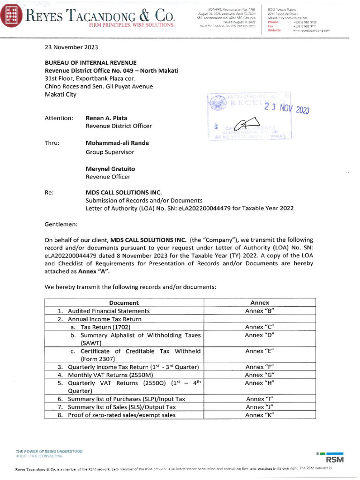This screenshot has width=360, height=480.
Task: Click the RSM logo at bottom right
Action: tap(335, 458)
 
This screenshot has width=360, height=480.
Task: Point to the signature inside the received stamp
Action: tap(240, 125)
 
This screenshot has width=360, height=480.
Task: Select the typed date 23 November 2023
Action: tap(71, 47)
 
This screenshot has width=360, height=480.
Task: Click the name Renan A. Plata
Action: tap(106, 118)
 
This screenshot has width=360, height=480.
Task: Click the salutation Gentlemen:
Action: tap(61, 224)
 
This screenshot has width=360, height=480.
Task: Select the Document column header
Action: tap(124, 303)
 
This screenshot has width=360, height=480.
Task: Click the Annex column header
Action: tap(259, 303)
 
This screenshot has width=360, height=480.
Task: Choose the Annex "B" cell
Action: tap(259, 311)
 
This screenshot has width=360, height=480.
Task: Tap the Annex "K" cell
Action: tap(259, 415)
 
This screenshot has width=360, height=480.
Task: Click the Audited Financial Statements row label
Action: tap(109, 311)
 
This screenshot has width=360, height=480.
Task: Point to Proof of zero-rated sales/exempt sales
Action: tap(121, 415)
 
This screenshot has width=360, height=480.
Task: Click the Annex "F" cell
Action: tap(259, 367)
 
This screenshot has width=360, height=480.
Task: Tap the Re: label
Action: tap(49, 192)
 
